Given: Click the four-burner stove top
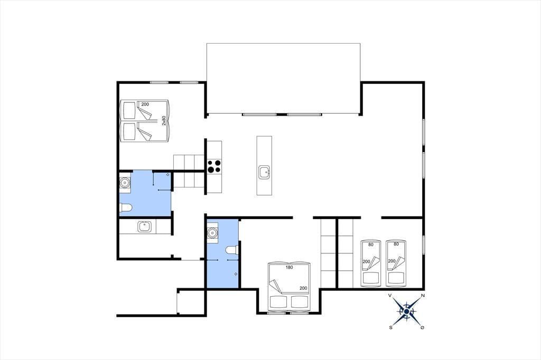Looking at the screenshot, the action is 214,166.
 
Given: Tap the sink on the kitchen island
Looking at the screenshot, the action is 264,172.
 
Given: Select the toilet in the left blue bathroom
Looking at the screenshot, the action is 126,207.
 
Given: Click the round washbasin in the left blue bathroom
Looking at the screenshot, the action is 124,182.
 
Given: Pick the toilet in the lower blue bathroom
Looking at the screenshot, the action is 231,250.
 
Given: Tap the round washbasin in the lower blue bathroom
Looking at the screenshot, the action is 212,233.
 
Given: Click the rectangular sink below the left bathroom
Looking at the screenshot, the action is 144,226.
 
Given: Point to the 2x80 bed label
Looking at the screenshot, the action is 164,120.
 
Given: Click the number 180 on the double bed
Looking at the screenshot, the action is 289,267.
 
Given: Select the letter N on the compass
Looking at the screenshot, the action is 423,296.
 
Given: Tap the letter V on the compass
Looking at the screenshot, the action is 390,296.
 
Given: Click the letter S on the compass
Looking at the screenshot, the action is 390,328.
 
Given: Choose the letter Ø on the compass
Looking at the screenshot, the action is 422,328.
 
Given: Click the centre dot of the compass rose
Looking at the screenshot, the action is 406,312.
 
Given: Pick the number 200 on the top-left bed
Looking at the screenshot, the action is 145,104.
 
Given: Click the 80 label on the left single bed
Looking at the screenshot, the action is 371,244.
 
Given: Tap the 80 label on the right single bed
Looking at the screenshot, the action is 396,244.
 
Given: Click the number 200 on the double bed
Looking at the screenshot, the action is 303,288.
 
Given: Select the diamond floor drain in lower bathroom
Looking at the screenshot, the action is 236,274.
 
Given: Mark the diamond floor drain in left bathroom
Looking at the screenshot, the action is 168,175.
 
